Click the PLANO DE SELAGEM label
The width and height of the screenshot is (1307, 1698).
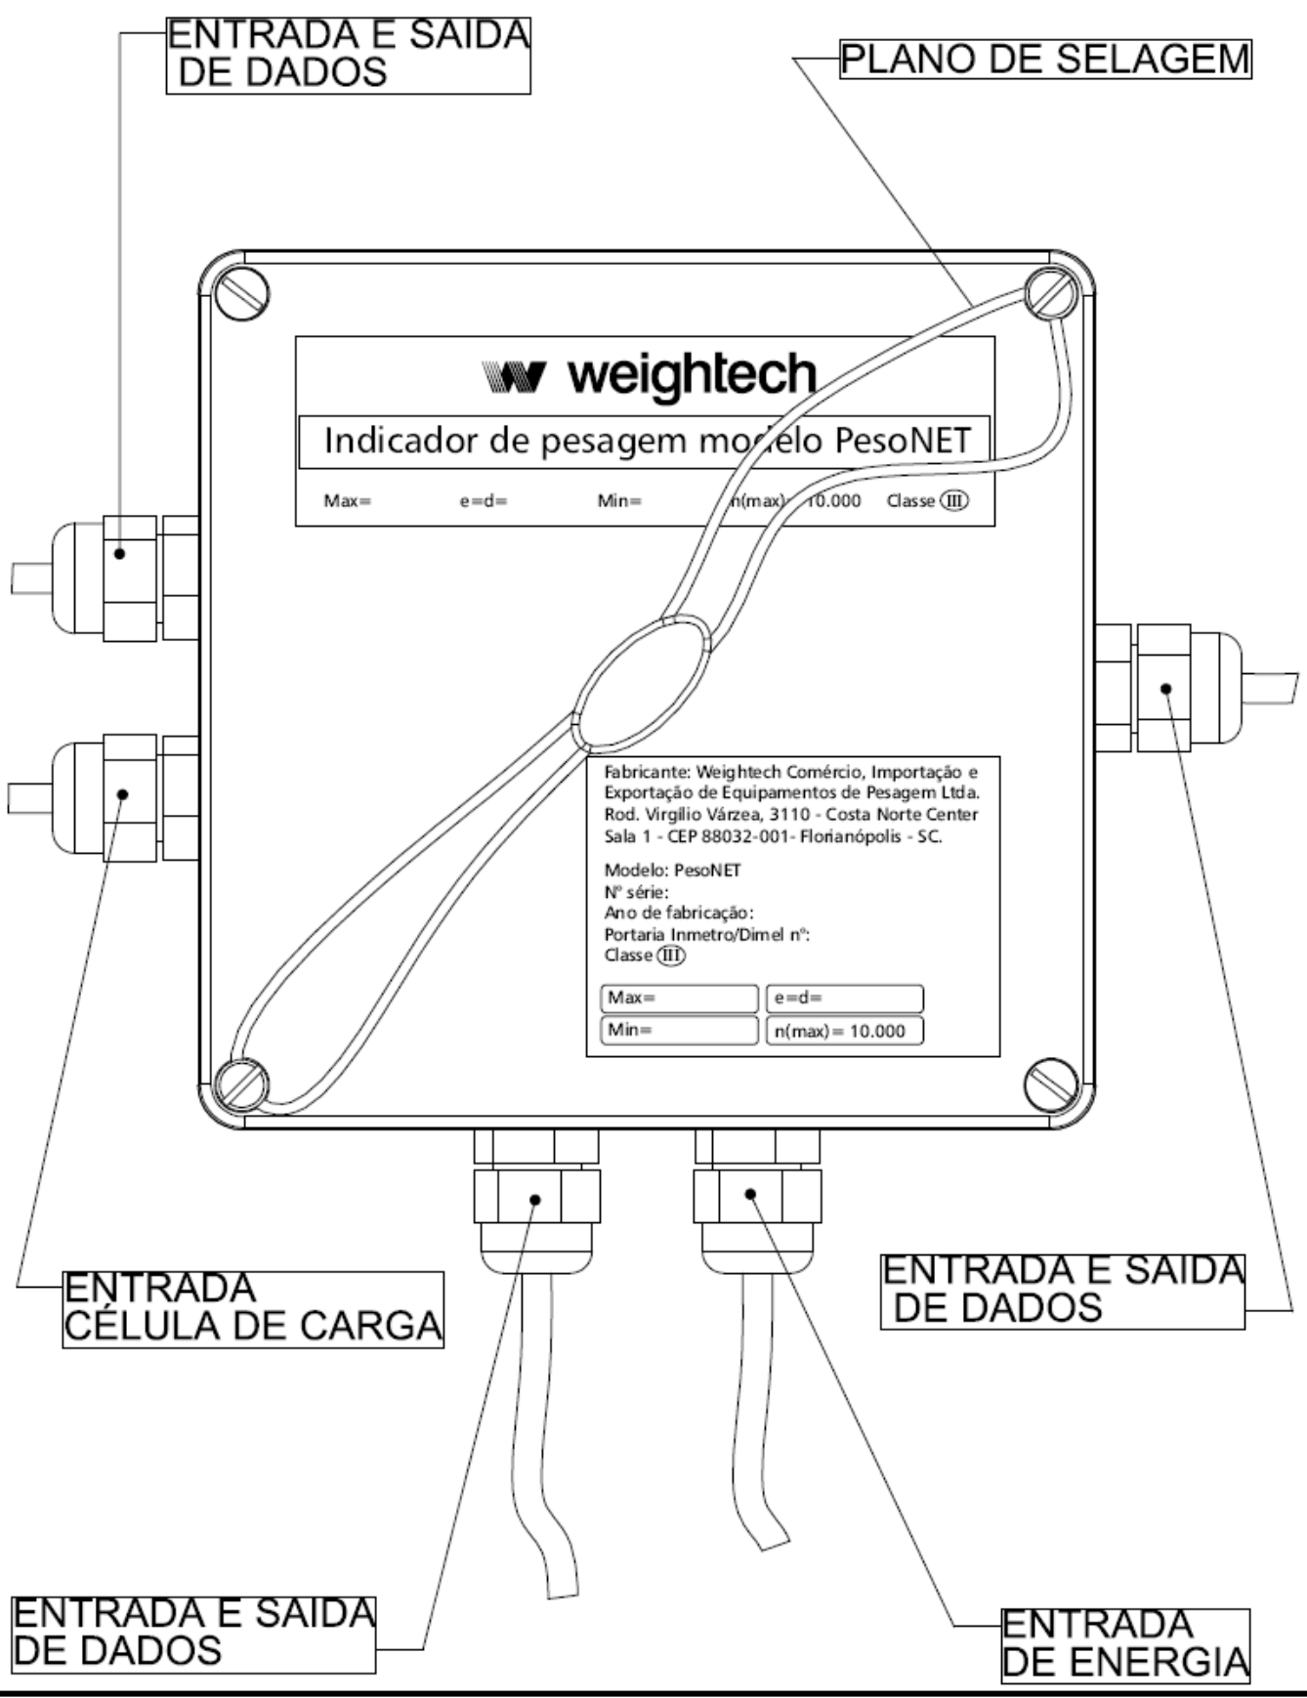coord(1045,60)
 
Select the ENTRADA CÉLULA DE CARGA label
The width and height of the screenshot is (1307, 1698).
coord(253,1309)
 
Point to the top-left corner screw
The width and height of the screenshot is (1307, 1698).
coord(241,295)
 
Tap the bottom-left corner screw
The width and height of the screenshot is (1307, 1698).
coord(239,1083)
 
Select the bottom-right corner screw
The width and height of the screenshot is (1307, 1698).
coord(1052,1082)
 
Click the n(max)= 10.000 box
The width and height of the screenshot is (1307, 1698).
coord(844,1031)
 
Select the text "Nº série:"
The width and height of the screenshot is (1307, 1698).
coord(637,892)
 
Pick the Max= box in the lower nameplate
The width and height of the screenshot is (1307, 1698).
coord(679,998)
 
